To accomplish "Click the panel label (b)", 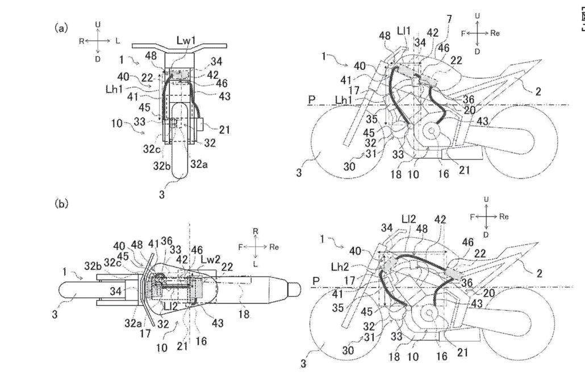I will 61,203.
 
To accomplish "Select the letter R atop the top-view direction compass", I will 256,230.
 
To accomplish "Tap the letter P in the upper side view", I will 311,100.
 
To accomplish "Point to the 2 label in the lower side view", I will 538,273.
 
